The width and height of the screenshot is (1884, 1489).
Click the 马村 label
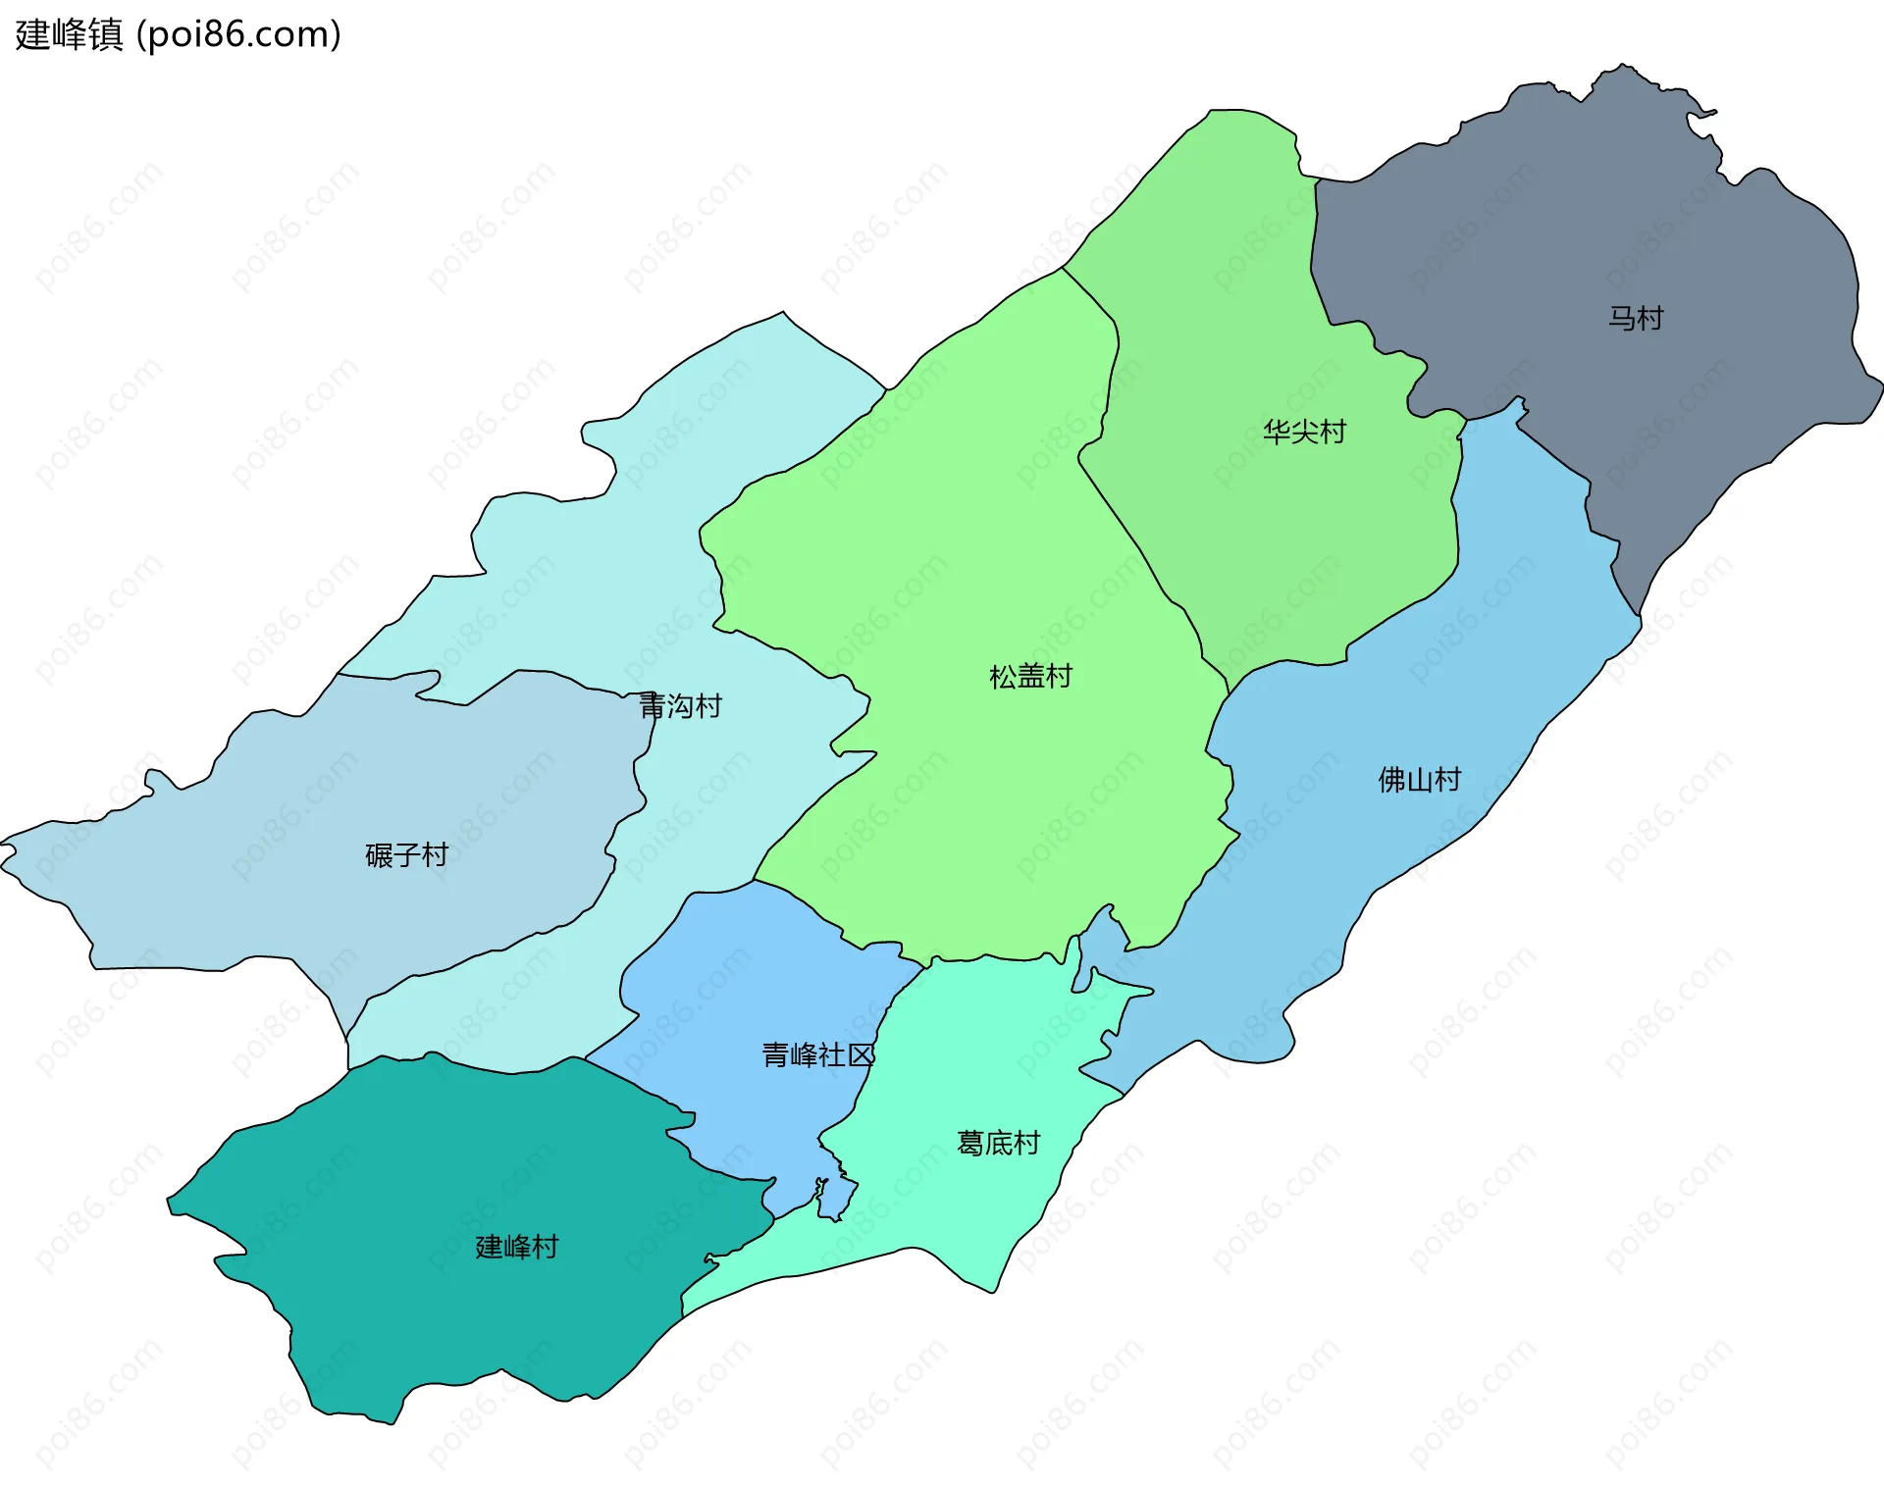click(x=1635, y=318)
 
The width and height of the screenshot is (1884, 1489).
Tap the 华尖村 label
click(x=1304, y=432)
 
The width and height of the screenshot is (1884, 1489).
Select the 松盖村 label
click(x=1030, y=676)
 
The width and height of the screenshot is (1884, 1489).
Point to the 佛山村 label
click(x=1419, y=780)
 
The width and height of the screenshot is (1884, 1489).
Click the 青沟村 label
click(x=680, y=705)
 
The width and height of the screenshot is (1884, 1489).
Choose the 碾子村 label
click(x=406, y=855)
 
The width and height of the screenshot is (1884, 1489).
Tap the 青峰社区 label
click(x=817, y=1055)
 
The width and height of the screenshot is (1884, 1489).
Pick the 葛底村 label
click(x=998, y=1143)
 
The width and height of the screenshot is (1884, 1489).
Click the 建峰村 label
click(x=516, y=1247)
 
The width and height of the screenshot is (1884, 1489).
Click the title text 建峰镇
click(x=69, y=34)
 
